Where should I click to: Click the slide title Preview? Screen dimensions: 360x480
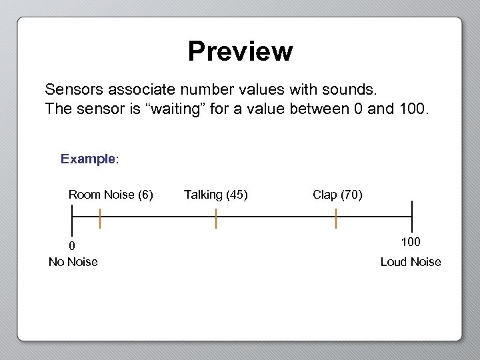(240, 51)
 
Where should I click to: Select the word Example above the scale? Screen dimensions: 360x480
(88, 159)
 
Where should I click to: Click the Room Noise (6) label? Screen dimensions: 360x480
(111, 195)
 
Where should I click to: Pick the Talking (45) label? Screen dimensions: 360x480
(216, 195)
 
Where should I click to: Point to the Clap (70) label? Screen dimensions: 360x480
(337, 195)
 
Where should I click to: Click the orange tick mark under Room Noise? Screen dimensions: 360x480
(99, 218)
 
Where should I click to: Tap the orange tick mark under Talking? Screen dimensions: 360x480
(216, 218)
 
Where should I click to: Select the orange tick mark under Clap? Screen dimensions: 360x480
(336, 218)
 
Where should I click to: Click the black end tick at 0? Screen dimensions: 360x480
(72, 217)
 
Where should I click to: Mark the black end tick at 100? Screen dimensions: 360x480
(412, 217)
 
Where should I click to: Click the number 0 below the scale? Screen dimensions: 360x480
(72, 246)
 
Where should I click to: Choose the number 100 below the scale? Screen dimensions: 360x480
(411, 241)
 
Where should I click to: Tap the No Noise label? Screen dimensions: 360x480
(73, 262)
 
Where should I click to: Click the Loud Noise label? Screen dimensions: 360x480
(411, 262)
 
